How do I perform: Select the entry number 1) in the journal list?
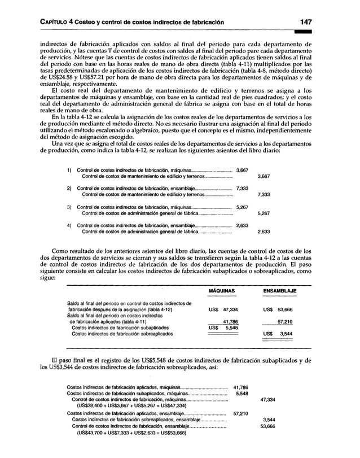point(69,170)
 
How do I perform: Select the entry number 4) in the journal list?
point(69,225)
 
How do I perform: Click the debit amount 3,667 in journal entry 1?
point(242,170)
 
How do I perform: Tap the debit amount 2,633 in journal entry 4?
point(242,225)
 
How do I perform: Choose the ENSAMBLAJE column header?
point(280,291)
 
